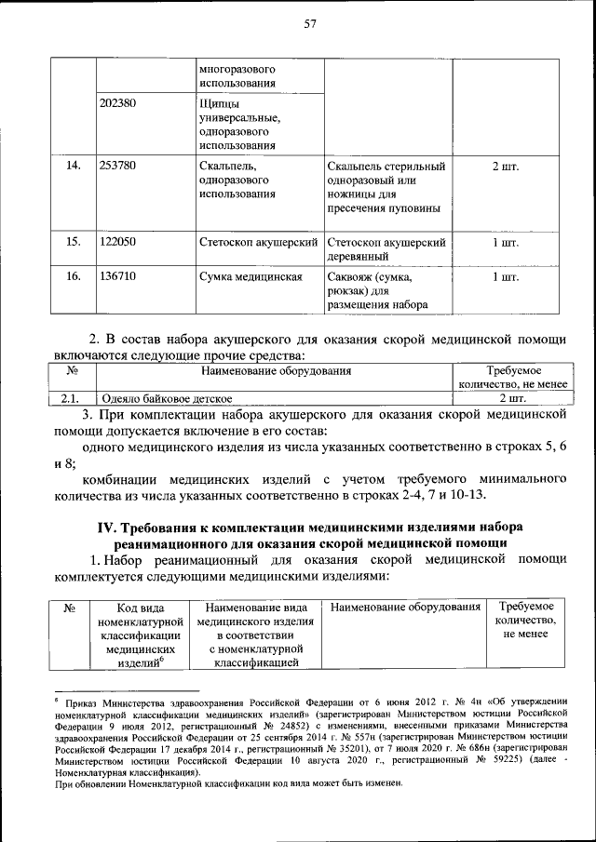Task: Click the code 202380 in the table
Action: (x=118, y=102)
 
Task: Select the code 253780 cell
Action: (x=118, y=166)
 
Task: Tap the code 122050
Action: (x=118, y=242)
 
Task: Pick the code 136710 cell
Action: (x=118, y=276)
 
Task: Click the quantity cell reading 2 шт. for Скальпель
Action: (x=505, y=166)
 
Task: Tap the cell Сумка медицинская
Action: (x=251, y=276)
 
